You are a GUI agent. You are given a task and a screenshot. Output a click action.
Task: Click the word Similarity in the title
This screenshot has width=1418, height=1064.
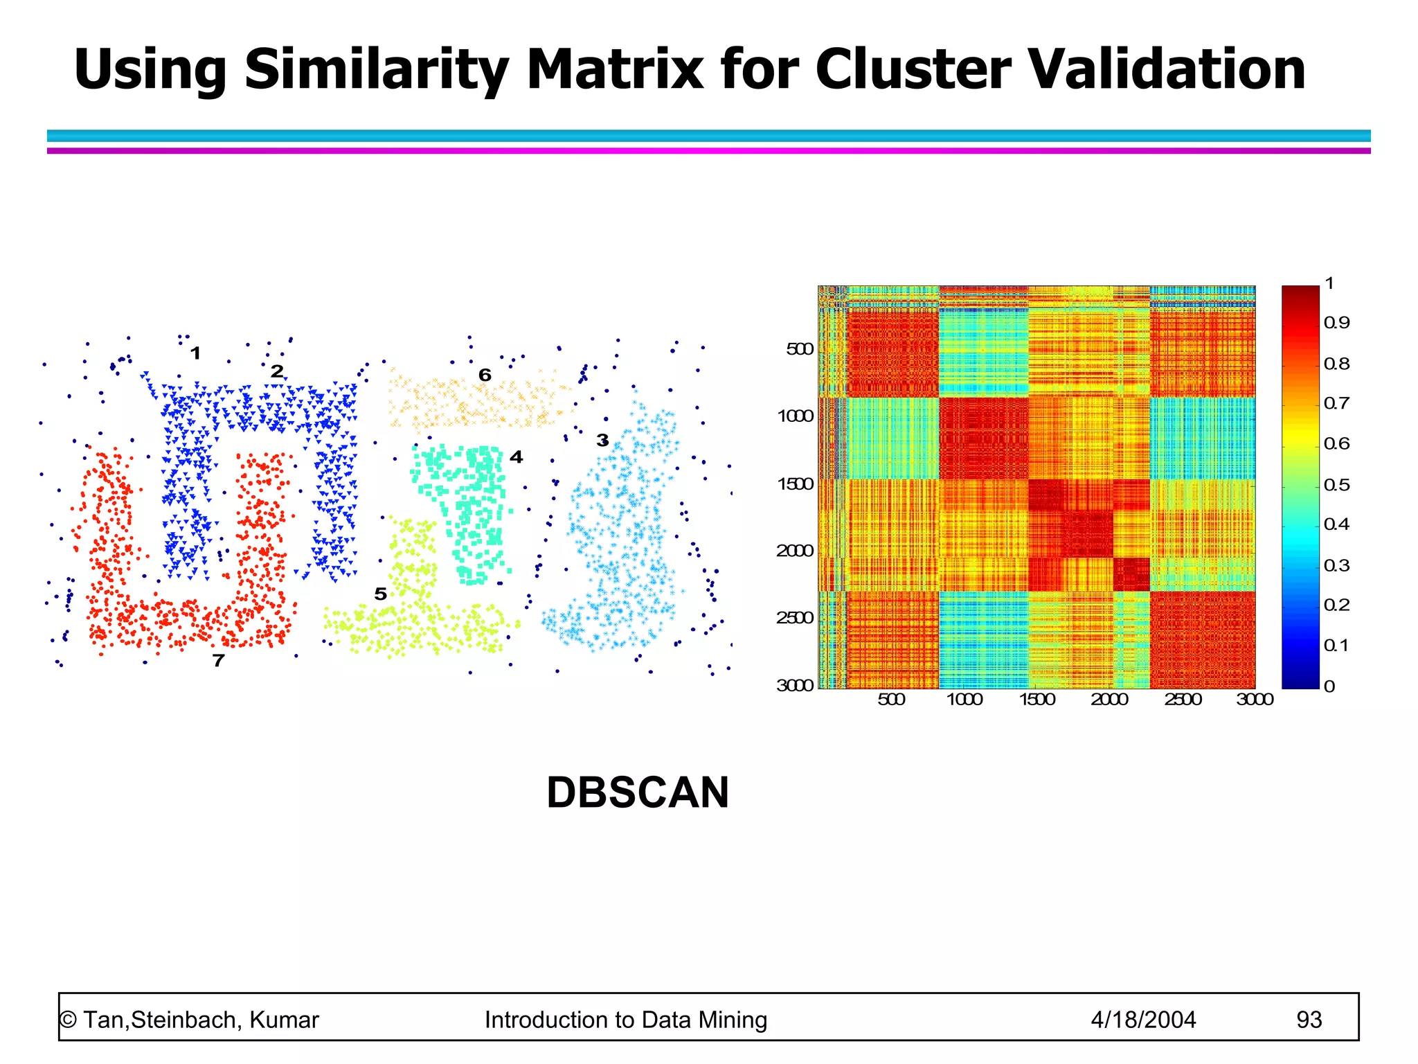377,69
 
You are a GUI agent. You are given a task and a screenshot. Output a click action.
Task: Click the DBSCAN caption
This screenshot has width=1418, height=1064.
637,792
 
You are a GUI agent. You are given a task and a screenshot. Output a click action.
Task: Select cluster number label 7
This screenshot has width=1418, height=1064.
218,661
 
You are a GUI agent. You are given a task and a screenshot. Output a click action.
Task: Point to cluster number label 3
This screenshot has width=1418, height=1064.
602,441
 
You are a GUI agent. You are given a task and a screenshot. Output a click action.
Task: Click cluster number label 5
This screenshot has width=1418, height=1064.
380,594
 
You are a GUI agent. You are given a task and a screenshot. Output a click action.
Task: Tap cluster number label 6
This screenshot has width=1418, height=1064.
485,375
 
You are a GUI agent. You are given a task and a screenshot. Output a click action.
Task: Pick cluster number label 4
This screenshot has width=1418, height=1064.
516,457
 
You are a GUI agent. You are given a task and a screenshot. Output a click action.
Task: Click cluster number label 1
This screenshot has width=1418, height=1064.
195,353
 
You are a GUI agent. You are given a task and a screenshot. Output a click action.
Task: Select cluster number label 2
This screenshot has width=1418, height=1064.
277,372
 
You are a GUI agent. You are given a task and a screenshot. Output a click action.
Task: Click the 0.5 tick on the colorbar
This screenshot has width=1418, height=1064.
1336,485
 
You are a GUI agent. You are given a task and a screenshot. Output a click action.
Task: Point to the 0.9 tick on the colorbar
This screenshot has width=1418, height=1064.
1336,323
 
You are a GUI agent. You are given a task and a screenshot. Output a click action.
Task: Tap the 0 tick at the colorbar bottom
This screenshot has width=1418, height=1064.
1329,686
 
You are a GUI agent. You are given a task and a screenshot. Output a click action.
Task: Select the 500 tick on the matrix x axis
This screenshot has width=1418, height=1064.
891,700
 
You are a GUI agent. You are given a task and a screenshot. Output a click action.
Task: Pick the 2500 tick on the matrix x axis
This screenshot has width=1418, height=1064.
1183,700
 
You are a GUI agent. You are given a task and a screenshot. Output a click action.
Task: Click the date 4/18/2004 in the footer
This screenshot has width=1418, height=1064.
1143,1020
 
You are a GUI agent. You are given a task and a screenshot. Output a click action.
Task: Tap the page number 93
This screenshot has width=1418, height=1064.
1309,1020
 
